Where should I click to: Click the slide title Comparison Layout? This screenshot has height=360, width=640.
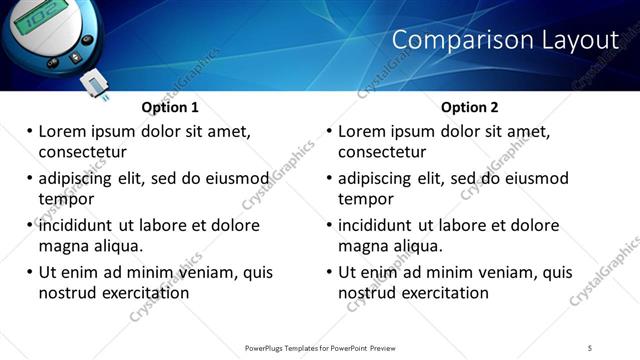(505, 40)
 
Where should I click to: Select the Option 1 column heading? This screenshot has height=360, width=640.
(170, 107)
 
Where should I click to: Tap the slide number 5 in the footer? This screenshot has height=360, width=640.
(590, 348)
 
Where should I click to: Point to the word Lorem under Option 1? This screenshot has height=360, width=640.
(63, 131)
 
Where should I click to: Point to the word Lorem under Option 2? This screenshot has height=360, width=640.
(363, 131)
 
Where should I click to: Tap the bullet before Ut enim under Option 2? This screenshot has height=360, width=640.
(329, 273)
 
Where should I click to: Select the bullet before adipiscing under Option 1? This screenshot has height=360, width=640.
(29, 179)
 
